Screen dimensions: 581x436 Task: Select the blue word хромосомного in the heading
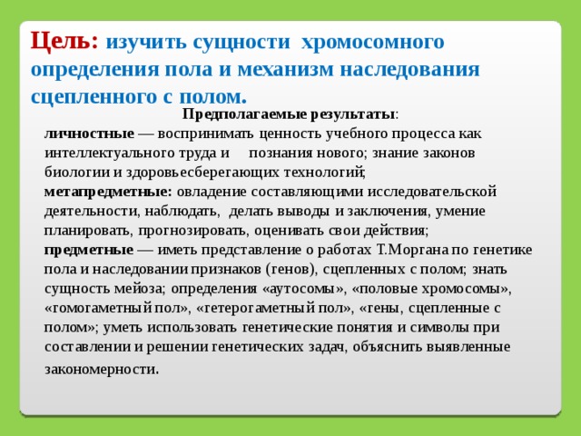[372, 42]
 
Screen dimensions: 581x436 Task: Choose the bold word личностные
[89, 134]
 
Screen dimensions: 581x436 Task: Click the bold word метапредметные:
[108, 192]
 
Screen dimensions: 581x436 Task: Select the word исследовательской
[432, 192]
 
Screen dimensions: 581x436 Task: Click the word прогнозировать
[192, 231]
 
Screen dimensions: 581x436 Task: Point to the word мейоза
[139, 289]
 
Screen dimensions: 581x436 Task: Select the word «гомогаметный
[98, 308]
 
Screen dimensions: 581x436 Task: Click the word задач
[328, 347]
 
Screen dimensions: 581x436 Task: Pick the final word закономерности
[102, 370]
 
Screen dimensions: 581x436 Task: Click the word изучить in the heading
[146, 42]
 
